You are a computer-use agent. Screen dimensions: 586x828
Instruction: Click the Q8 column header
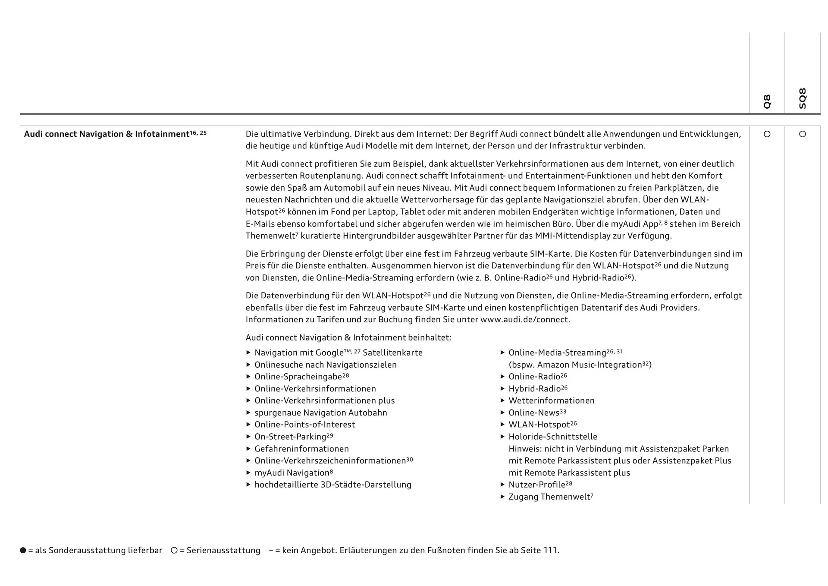(x=767, y=101)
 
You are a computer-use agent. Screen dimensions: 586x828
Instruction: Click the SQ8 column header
(x=802, y=98)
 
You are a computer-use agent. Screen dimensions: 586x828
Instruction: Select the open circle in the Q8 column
(x=767, y=134)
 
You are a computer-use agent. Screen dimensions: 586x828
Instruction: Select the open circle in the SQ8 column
(x=802, y=134)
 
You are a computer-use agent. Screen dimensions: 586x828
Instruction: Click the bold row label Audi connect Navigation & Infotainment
(x=107, y=134)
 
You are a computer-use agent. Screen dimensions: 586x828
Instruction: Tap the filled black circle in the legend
(x=23, y=550)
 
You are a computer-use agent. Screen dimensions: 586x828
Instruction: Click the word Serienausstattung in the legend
(x=223, y=550)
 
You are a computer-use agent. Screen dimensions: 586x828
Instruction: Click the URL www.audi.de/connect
(x=525, y=320)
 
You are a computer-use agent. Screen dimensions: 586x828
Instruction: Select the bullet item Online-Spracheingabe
(x=298, y=377)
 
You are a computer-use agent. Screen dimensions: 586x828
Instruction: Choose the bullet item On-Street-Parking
(x=290, y=437)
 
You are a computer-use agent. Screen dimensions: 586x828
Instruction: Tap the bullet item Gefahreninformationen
(x=301, y=449)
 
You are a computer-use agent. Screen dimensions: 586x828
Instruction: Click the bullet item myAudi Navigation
(x=292, y=473)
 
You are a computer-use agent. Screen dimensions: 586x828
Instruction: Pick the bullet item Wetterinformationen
(x=551, y=401)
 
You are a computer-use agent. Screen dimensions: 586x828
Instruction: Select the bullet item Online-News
(x=534, y=413)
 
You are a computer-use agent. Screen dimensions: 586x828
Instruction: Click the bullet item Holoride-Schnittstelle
(x=553, y=437)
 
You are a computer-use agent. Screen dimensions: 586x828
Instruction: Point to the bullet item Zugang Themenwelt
(x=549, y=497)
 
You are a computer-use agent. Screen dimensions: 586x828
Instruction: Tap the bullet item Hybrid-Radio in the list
(x=534, y=389)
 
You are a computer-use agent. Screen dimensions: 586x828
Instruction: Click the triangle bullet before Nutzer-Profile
(x=502, y=485)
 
